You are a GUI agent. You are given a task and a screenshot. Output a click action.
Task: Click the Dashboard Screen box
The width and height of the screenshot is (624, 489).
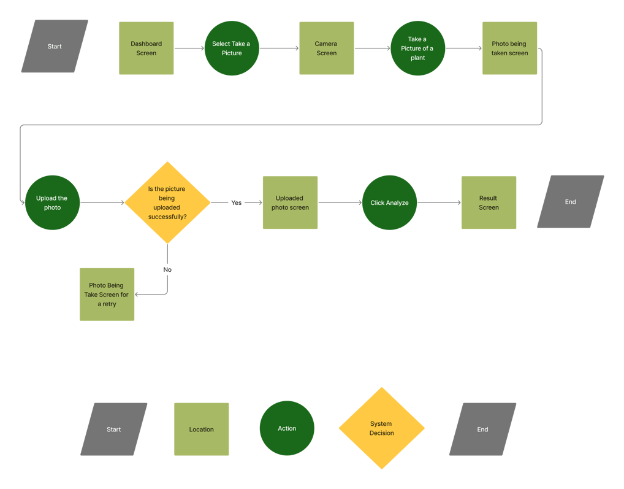click(x=146, y=48)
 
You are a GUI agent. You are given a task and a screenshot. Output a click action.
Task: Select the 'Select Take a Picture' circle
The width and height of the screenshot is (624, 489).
click(x=232, y=48)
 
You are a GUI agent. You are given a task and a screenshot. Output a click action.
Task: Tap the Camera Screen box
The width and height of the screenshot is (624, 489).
click(x=326, y=48)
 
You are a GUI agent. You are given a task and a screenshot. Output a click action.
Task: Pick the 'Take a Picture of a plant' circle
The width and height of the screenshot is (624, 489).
click(x=417, y=48)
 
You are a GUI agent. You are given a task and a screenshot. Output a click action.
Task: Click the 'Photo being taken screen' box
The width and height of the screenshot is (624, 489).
click(x=509, y=48)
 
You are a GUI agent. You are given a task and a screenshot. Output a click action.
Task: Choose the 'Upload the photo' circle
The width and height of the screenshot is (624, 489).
click(x=52, y=202)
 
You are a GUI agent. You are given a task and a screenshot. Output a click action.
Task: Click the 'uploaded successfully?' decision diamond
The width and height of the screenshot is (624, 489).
click(x=167, y=202)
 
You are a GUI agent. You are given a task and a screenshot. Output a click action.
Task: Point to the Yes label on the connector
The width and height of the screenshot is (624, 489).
click(x=236, y=202)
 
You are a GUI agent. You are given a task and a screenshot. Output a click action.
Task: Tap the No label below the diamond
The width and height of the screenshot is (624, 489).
click(x=167, y=269)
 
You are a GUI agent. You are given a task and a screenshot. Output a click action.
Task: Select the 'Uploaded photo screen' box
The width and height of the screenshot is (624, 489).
click(x=290, y=202)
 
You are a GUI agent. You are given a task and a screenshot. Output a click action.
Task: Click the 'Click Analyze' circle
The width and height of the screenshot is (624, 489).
click(x=389, y=202)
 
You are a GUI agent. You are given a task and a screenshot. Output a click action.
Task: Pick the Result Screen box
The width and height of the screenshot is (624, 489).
click(x=489, y=202)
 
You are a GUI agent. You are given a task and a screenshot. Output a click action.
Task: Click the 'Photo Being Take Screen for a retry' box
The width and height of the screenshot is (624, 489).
click(x=107, y=295)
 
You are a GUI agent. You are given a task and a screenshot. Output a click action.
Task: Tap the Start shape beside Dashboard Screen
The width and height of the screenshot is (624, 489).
click(x=55, y=46)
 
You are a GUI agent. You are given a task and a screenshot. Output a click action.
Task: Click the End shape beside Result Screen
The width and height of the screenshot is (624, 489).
click(x=570, y=201)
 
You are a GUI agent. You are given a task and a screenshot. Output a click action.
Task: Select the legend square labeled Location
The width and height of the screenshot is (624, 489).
click(x=202, y=429)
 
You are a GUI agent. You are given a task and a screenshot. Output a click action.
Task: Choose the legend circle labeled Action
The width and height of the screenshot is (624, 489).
click(x=286, y=428)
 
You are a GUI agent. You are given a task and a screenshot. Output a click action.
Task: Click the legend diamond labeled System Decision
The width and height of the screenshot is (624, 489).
click(x=381, y=428)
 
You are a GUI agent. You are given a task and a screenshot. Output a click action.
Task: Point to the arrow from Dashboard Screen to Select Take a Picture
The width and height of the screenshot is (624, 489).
click(x=189, y=48)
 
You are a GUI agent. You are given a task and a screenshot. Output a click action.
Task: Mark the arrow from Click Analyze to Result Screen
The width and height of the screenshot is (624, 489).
click(x=439, y=202)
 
